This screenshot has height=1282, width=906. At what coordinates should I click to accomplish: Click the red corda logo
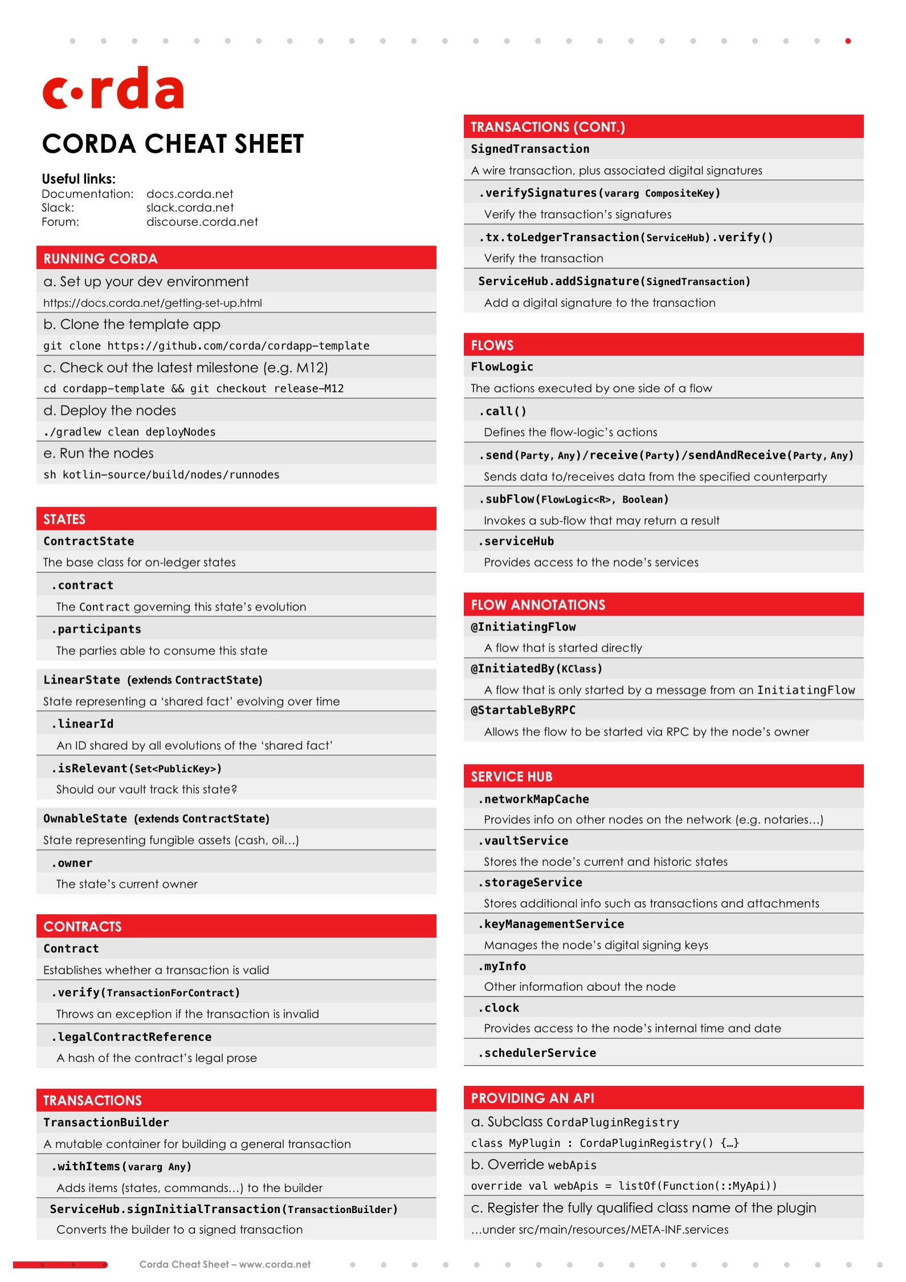[113, 89]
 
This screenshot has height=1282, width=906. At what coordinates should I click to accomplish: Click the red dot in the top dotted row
[848, 41]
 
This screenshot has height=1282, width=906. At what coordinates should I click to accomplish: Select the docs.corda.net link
[190, 194]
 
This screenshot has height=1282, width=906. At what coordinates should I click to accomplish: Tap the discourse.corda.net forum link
[202, 222]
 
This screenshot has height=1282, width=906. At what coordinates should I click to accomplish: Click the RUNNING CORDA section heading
[100, 259]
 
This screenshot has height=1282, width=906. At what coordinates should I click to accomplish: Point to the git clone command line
[206, 345]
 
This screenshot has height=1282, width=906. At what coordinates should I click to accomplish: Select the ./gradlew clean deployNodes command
[129, 432]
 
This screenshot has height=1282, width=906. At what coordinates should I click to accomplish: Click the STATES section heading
[64, 519]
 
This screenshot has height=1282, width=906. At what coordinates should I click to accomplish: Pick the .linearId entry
[83, 723]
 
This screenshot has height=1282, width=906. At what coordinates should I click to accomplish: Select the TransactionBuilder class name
[106, 1122]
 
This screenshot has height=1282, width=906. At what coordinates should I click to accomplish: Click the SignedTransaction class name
[530, 149]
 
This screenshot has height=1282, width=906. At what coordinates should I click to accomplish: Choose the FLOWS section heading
[492, 345]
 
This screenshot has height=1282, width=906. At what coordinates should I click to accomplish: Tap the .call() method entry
[503, 411]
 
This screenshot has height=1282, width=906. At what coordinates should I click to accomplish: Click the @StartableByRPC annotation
[523, 710]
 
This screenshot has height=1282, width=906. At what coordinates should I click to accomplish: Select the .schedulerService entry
[537, 1053]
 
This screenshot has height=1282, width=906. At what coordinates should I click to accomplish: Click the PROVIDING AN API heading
[532, 1098]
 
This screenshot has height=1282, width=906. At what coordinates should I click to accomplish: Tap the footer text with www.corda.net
[225, 1264]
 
